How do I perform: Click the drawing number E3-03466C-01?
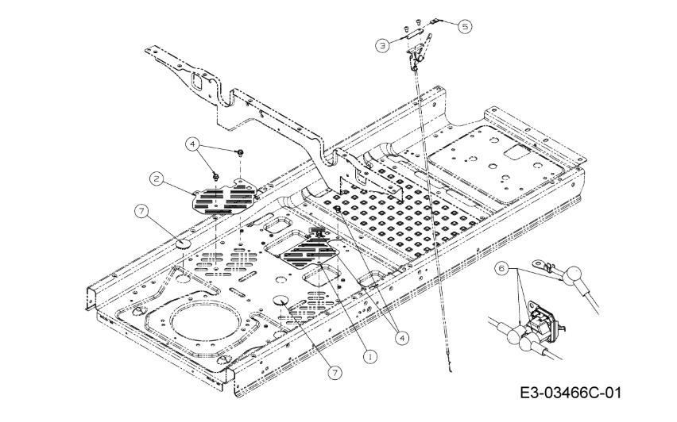tap(570, 393)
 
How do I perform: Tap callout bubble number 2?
tap(157, 178)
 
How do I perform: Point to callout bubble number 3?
tap(383, 45)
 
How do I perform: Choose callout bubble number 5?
tap(464, 25)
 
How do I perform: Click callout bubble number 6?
tap(501, 269)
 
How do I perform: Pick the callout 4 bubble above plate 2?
tap(192, 144)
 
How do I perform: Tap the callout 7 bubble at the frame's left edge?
tap(141, 211)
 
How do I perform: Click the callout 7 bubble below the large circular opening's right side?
tap(335, 370)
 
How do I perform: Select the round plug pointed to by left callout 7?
tap(181, 243)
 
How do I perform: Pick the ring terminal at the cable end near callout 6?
tap(542, 261)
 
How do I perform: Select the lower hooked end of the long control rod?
tap(451, 367)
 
